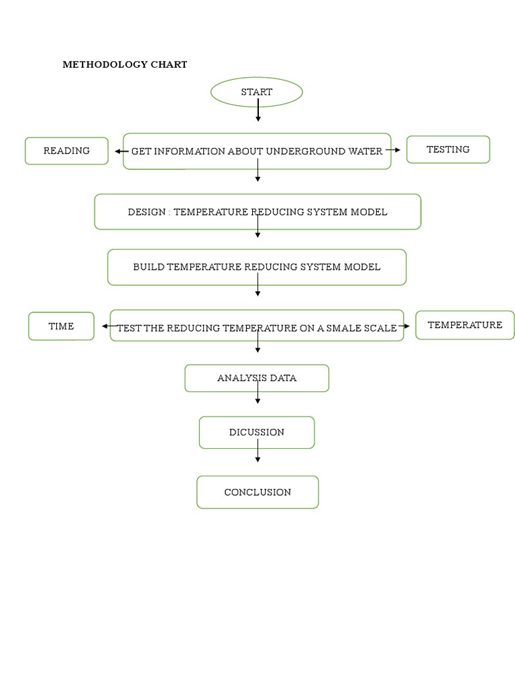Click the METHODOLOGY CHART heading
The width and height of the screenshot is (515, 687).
pos(125,65)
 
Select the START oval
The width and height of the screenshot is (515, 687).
pos(257,92)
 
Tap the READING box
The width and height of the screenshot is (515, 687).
pos(66,151)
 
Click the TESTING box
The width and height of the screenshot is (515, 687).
pos(448,150)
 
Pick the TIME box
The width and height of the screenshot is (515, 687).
pos(61,326)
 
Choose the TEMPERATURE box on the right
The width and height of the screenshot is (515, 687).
pos(465,325)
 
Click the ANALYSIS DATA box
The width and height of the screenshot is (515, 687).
pos(257,378)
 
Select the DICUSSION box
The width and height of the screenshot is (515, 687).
pos(257,433)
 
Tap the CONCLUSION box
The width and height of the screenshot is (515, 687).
pos(257,492)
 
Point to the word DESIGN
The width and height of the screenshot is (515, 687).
pos(146,212)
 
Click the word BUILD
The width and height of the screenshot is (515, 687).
pos(148,267)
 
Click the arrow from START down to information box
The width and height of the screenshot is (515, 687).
pos(257,111)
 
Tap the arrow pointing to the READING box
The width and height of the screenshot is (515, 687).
pos(121,152)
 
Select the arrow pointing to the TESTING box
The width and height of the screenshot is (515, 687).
pos(394,150)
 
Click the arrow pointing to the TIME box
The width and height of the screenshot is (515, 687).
pos(109,327)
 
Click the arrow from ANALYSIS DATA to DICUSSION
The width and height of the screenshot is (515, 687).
pos(257,397)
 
